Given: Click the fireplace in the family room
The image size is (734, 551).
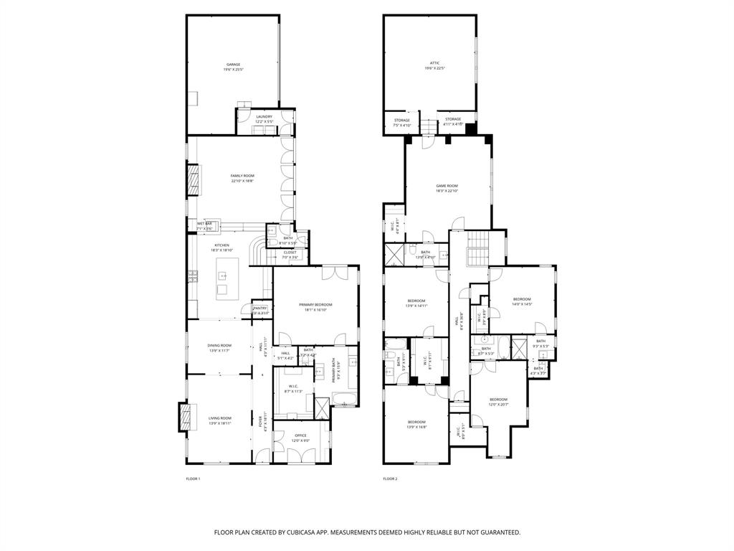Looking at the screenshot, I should coord(192,180).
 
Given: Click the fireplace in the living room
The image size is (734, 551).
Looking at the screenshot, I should coord(183,417).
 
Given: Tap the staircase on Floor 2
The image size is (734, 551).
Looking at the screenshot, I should coord(477,255).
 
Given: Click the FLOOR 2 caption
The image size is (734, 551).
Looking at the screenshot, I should coord(390,479).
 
